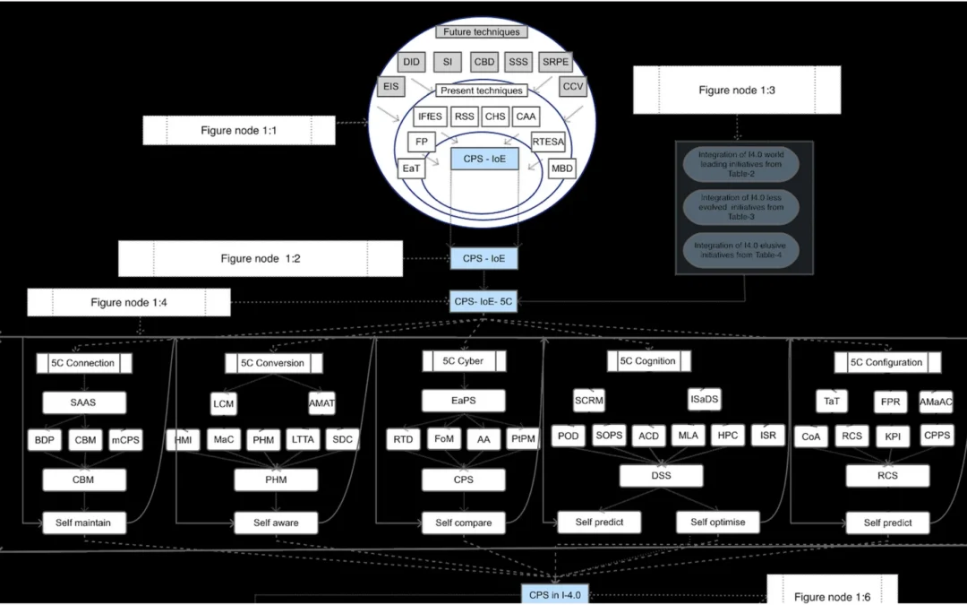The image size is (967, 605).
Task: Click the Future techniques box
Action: click(x=481, y=32)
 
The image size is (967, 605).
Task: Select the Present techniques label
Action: click(x=481, y=91)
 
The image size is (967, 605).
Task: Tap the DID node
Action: click(x=411, y=62)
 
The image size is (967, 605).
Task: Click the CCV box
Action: click(x=573, y=87)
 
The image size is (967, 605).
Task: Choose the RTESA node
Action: click(x=548, y=142)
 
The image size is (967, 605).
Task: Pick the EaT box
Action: click(x=411, y=168)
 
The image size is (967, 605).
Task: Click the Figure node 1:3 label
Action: click(x=737, y=91)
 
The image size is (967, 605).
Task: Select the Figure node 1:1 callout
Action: click(x=238, y=131)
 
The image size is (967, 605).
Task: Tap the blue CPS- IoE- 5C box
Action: click(x=483, y=302)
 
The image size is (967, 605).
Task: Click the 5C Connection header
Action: click(x=84, y=363)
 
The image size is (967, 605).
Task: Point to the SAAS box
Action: click(x=84, y=402)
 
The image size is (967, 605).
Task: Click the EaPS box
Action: click(x=464, y=401)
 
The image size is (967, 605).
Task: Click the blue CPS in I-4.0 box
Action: click(x=556, y=593)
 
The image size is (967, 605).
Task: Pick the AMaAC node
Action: click(x=935, y=402)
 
